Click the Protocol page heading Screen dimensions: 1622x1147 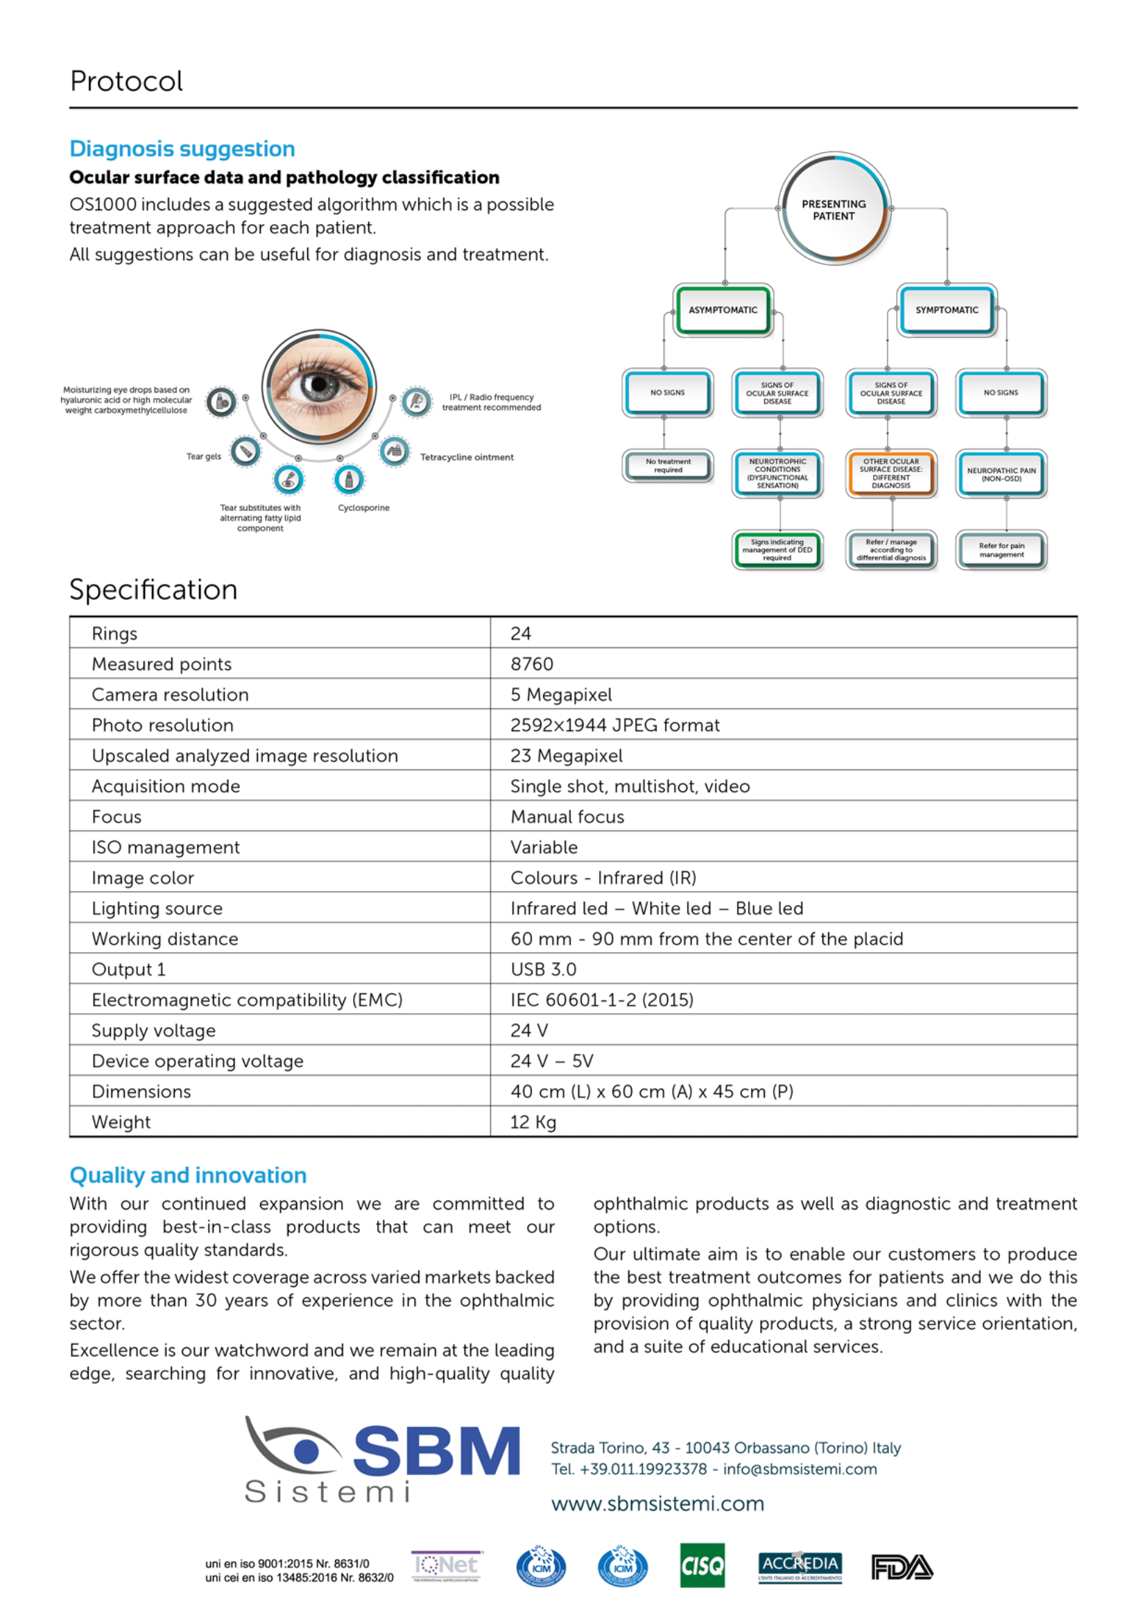pos(126,81)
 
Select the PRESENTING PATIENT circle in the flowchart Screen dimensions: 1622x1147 pos(834,210)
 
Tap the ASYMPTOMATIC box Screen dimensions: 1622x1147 pos(723,310)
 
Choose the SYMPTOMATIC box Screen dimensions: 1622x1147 pos(947,310)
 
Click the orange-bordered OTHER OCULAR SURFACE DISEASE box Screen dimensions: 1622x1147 pos(891,474)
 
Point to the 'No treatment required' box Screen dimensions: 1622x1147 pos(667,465)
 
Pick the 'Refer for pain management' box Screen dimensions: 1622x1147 pos(1001,550)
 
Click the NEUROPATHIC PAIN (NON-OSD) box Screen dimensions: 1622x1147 pos(1001,474)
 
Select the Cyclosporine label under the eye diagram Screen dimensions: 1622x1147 pos(364,508)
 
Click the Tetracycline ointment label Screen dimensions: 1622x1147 pos(467,457)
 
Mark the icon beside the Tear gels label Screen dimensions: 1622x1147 pos(245,451)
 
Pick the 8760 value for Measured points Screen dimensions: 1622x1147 pos(532,664)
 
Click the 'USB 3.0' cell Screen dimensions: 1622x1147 pos(543,969)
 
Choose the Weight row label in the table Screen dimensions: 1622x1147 pos(121,1122)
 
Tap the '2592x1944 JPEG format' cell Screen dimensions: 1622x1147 pos(615,725)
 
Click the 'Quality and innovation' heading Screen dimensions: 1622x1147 pos(188,1175)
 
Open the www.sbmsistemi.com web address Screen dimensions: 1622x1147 pos(657,1503)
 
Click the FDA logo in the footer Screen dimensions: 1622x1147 pos(902,1567)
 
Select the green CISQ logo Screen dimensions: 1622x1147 pos(702,1566)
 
